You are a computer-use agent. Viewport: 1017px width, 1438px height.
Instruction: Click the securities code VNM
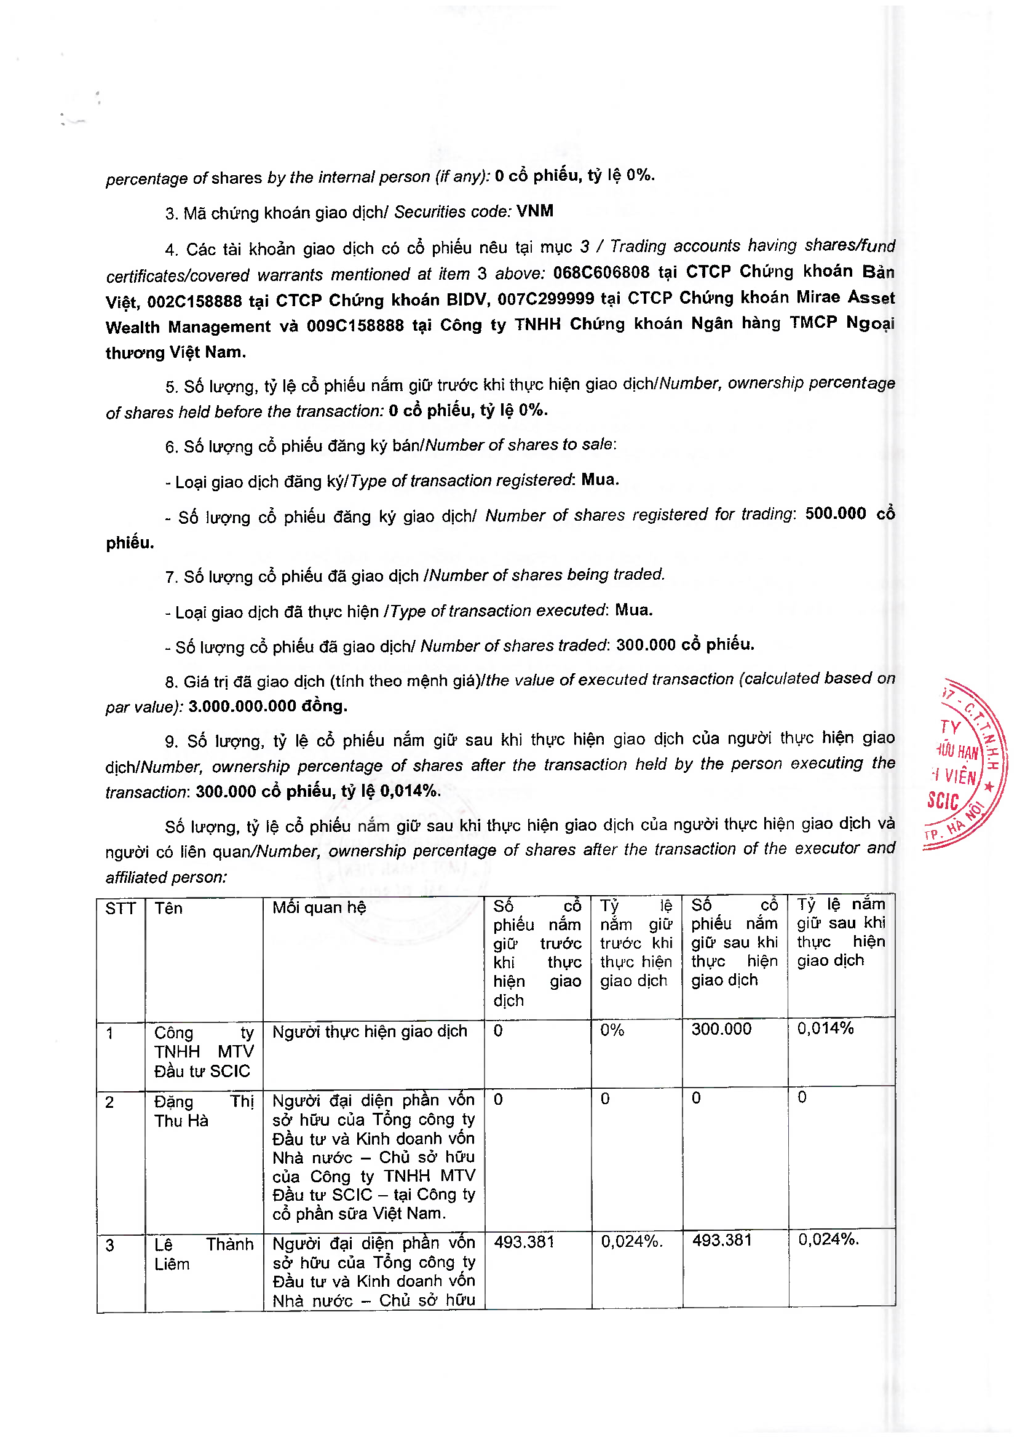534,211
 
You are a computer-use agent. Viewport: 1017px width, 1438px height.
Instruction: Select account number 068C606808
601,272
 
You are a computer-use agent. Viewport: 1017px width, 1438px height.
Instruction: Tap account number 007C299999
545,299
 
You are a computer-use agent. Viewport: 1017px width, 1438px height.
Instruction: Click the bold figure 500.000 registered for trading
835,513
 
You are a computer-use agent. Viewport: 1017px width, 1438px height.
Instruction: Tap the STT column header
120,909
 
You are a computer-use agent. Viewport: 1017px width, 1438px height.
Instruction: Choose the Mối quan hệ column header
319,907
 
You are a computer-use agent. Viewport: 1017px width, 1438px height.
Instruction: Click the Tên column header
168,909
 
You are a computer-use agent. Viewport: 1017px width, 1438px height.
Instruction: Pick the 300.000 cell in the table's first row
721,1029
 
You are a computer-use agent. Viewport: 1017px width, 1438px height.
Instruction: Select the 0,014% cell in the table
825,1029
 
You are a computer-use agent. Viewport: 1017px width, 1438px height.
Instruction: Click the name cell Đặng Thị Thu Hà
204,1111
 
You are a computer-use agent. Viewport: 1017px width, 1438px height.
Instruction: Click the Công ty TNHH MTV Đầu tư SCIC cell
204,1051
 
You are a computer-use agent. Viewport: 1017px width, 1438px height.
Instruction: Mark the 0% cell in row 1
612,1030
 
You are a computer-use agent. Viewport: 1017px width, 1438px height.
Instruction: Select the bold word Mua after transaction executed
633,610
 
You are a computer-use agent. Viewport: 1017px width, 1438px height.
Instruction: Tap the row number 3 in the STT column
110,1246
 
